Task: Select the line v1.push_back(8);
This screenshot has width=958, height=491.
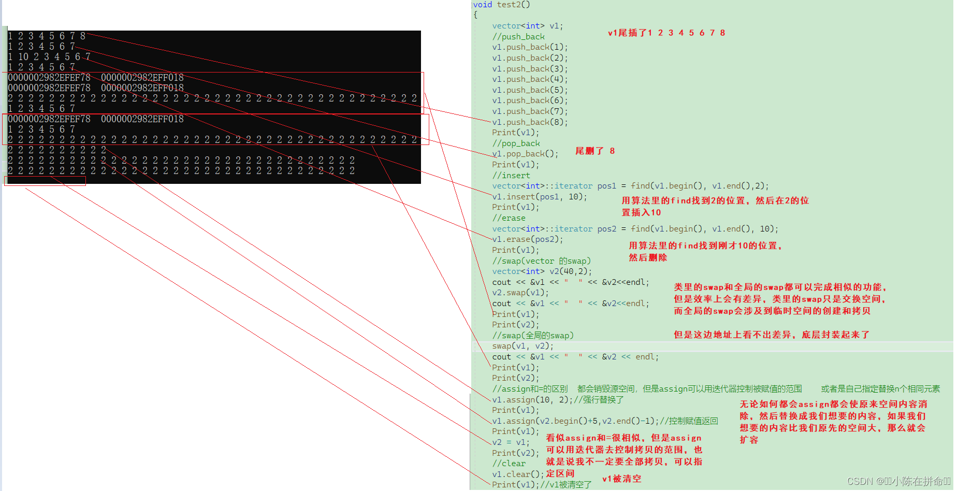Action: point(530,122)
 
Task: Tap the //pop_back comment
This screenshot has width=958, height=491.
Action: point(516,143)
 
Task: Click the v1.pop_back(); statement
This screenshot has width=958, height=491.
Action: point(525,154)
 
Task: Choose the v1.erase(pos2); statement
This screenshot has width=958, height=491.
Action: point(527,239)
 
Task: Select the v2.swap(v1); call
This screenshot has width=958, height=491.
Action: point(520,293)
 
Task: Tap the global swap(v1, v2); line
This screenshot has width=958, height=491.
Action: point(522,346)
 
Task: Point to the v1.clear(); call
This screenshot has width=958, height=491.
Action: point(518,474)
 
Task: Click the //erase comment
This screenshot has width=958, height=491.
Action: point(509,218)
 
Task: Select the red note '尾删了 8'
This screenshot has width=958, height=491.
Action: point(595,151)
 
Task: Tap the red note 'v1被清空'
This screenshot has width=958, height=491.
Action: point(621,479)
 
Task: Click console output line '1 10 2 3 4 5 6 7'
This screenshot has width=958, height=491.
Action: point(49,56)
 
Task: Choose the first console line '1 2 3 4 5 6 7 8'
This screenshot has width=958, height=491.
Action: point(47,36)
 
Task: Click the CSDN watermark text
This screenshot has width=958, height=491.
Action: point(898,481)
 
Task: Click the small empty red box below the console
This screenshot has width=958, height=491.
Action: point(45,181)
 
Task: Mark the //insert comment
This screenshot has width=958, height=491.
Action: point(511,176)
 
